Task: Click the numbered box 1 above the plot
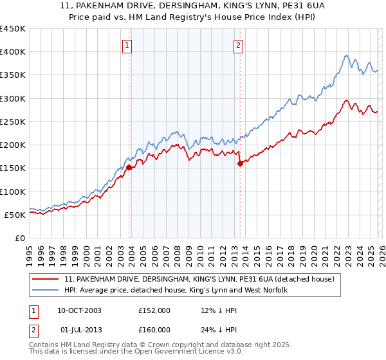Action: click(127, 45)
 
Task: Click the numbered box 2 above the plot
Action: click(238, 45)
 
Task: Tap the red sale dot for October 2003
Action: click(129, 167)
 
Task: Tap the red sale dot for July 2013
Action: click(240, 163)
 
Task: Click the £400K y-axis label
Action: click(13, 52)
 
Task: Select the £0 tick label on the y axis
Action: click(20, 238)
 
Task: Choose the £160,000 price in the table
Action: click(154, 329)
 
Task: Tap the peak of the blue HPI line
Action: click(346, 55)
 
